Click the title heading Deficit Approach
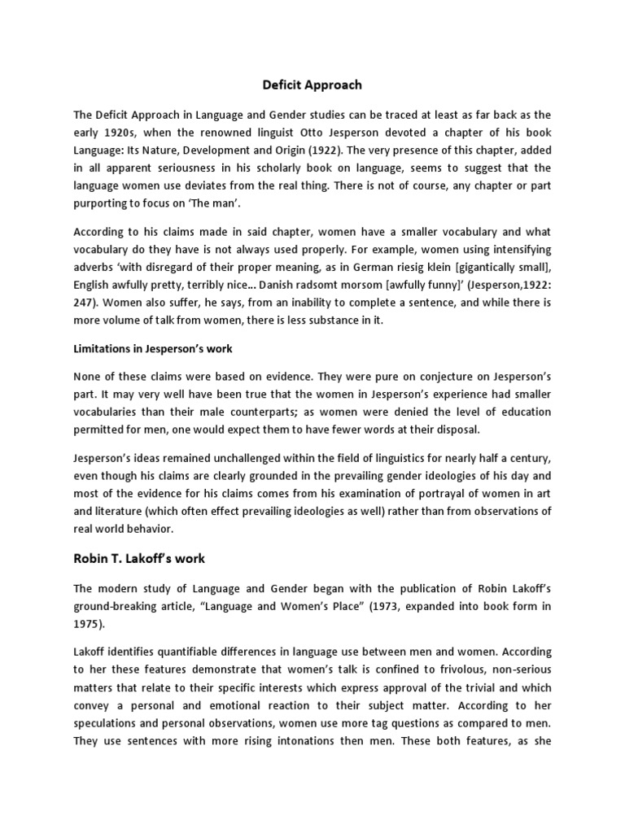312,85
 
